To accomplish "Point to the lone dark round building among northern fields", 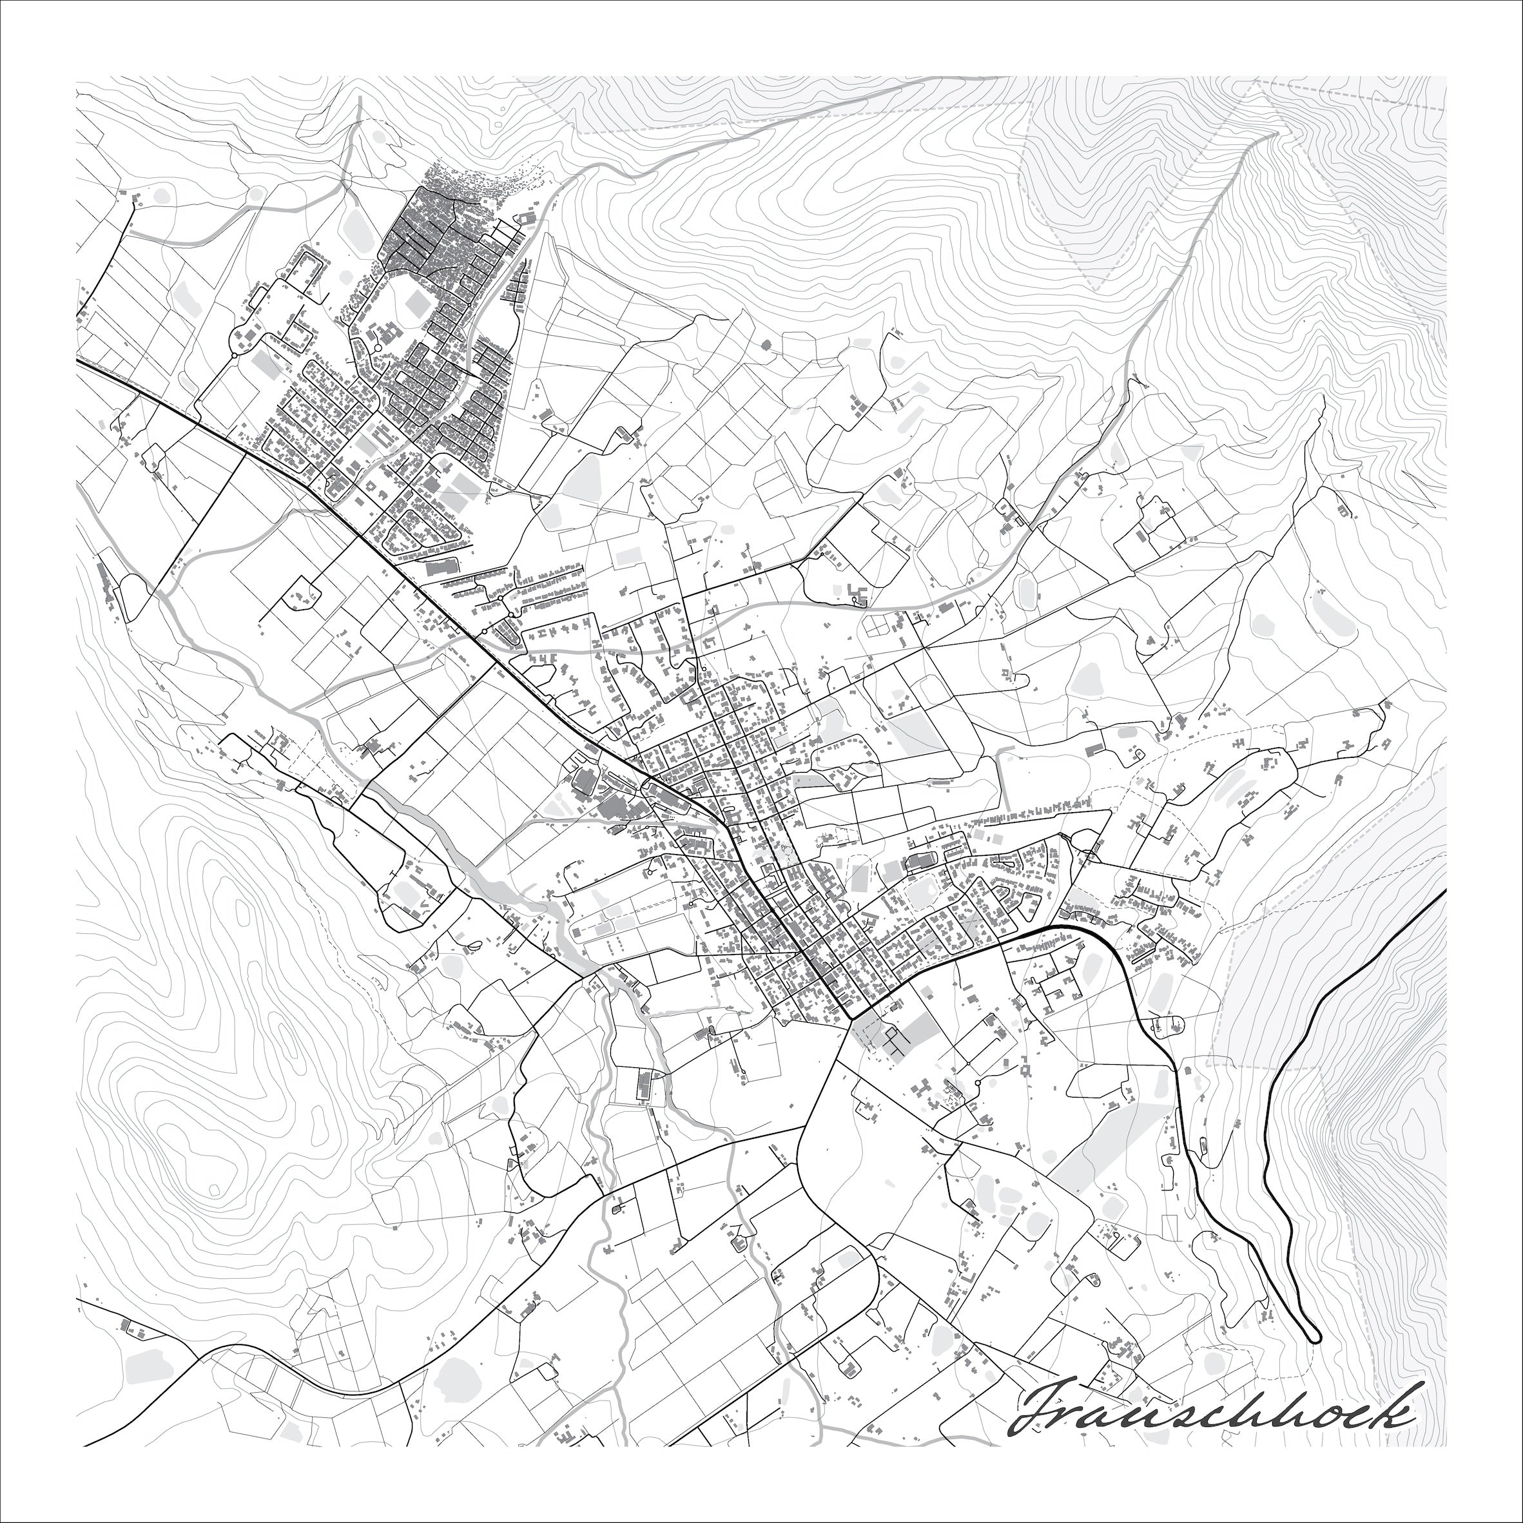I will pos(766,344).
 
